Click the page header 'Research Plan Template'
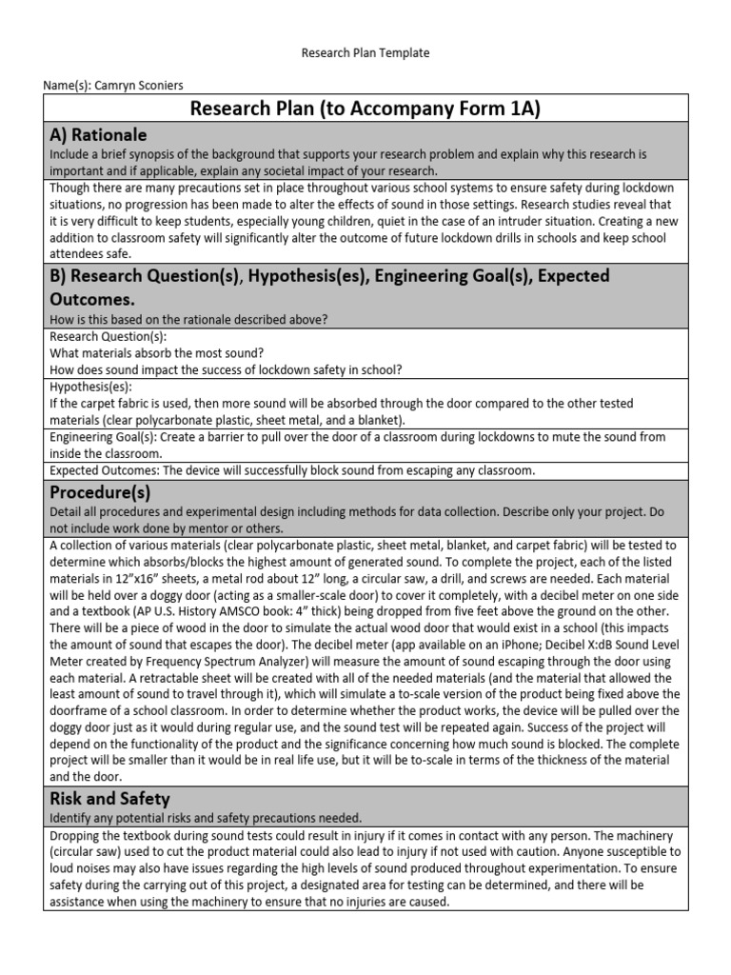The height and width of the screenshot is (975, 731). (x=365, y=52)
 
